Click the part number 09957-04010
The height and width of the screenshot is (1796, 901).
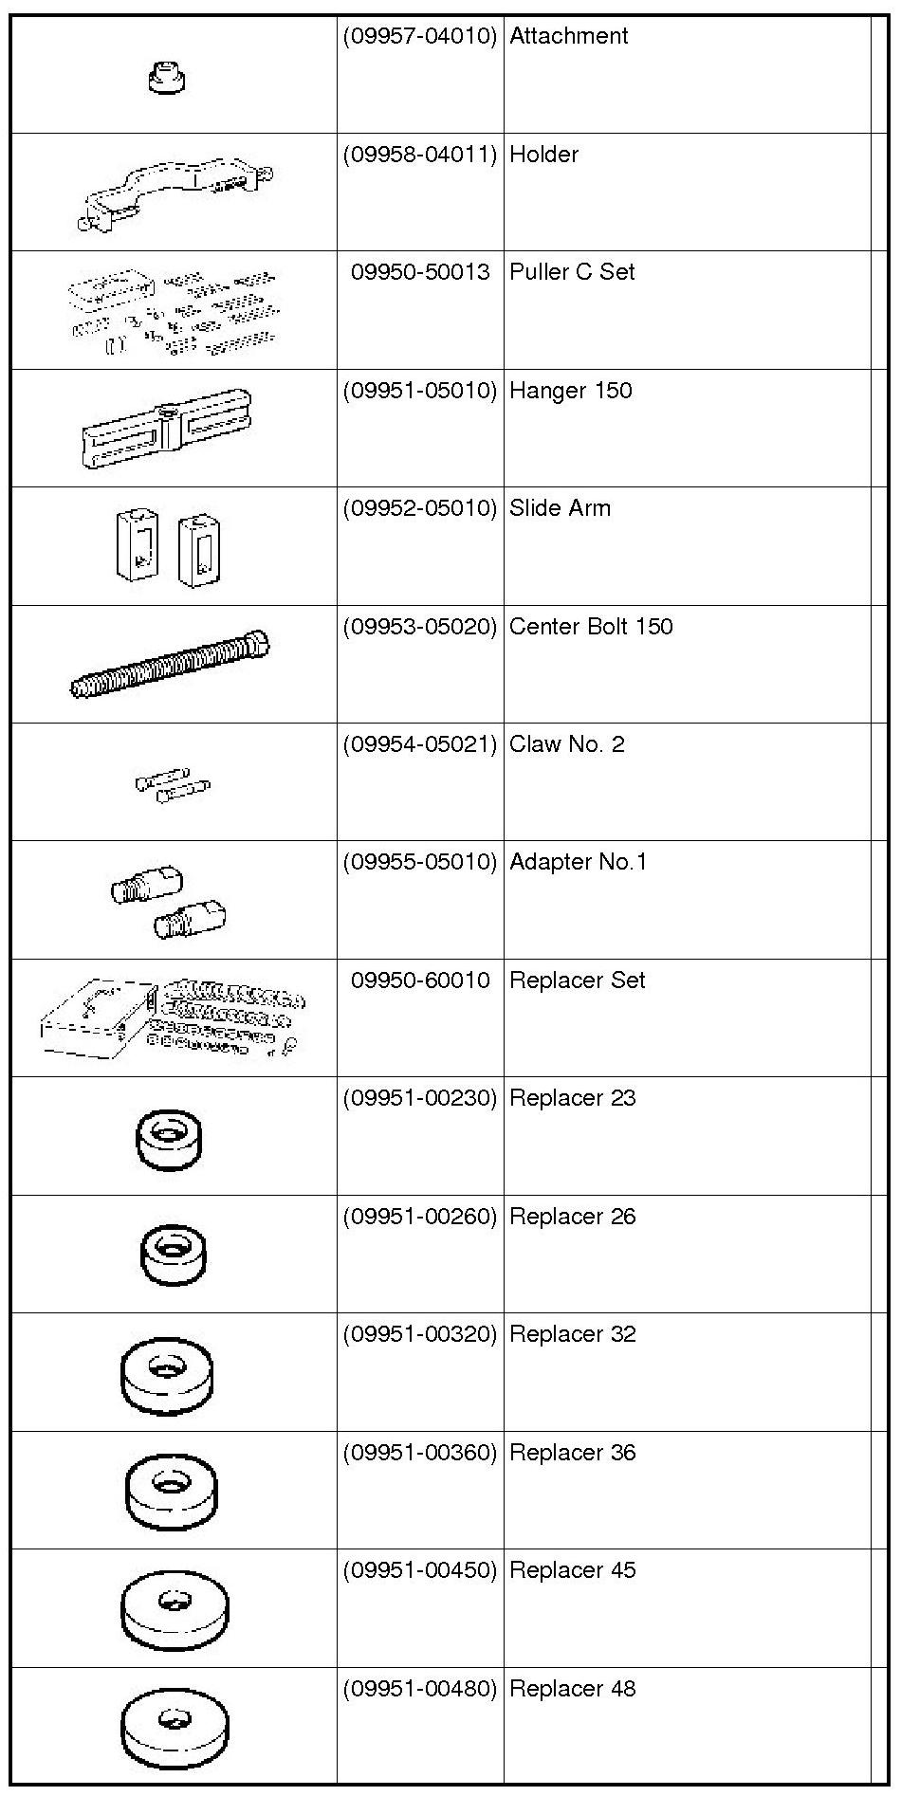tap(420, 37)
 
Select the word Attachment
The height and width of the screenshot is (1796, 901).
tap(569, 36)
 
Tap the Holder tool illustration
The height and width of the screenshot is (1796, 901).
tap(175, 193)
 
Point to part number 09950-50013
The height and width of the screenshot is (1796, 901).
tap(420, 273)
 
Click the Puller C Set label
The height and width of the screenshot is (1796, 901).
tap(572, 273)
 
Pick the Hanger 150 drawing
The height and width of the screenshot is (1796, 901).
tap(167, 429)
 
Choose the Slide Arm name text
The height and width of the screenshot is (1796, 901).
tap(560, 508)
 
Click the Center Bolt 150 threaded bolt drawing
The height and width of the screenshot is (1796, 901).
tap(170, 664)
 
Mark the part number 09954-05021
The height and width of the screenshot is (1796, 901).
tap(420, 745)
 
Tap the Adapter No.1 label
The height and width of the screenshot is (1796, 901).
tap(578, 863)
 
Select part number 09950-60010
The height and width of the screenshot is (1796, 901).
tap(420, 980)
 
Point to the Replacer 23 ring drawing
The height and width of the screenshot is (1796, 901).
tap(169, 1138)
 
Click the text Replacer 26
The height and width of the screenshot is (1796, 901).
tap(572, 1217)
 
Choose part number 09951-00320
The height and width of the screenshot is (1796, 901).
tap(420, 1335)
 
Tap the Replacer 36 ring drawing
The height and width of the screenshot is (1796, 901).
tap(171, 1491)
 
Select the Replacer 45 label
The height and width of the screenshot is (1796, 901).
tap(572, 1570)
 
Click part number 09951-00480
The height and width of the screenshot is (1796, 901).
tap(420, 1689)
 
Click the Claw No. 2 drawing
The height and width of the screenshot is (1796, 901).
tap(173, 783)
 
